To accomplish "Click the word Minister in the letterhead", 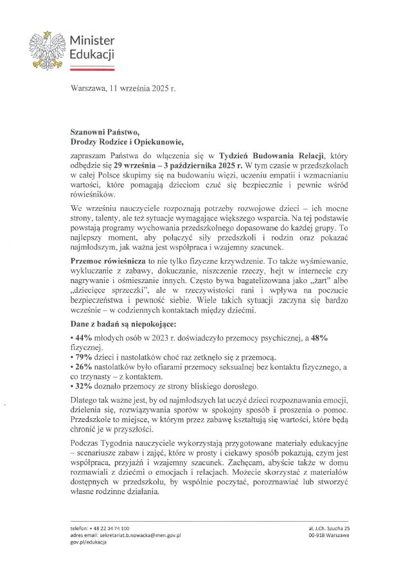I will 92,41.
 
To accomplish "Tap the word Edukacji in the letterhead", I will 92,54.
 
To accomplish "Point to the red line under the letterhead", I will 92,66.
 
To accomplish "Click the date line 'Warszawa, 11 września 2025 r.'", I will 123,88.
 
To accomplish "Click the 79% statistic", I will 84,357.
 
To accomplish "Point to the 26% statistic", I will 84,367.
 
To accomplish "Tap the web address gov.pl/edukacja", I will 89,543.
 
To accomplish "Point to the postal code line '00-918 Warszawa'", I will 329,535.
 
